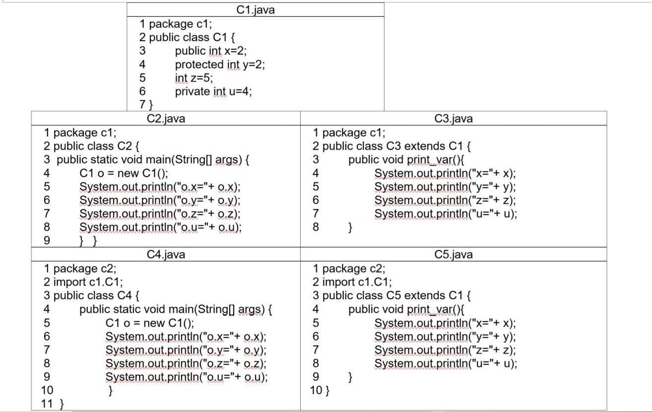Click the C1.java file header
(255, 10)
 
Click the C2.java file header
(166, 118)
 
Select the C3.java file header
(453, 118)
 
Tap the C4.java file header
(166, 254)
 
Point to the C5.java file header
(453, 254)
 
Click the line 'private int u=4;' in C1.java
(213, 91)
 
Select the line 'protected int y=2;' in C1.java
(219, 64)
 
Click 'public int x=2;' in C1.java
(210, 51)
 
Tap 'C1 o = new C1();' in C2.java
(124, 173)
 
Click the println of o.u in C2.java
(160, 227)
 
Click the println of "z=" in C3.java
(445, 200)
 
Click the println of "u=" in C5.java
(445, 363)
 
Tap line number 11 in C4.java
(47, 403)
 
